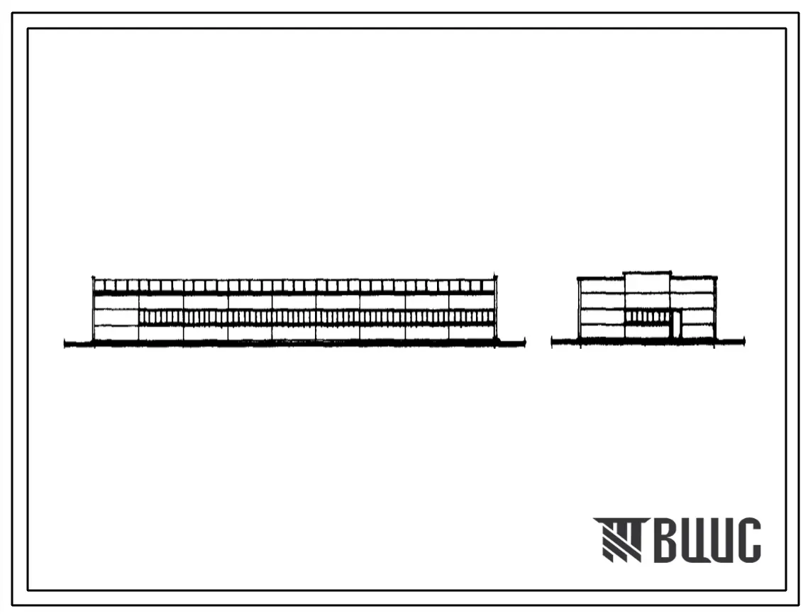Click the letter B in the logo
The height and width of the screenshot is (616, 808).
667,539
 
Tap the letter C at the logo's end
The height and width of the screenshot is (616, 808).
748,539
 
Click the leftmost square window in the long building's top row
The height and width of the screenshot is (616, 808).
99,286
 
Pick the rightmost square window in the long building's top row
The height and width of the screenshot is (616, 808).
489,286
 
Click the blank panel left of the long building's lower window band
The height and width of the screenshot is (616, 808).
116,318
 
